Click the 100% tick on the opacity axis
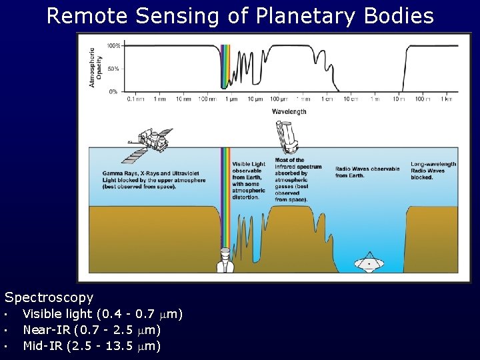(x=113, y=46)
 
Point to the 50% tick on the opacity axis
(x=114, y=69)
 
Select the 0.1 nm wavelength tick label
(x=136, y=99)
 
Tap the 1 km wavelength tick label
(x=445, y=99)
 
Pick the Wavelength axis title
(x=289, y=111)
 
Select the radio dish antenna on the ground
(x=367, y=262)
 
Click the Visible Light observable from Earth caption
(x=249, y=180)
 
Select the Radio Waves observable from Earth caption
(x=367, y=172)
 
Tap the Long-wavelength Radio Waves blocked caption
(x=433, y=171)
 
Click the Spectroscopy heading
(x=49, y=297)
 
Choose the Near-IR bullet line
(x=91, y=329)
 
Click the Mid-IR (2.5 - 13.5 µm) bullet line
(x=91, y=345)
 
